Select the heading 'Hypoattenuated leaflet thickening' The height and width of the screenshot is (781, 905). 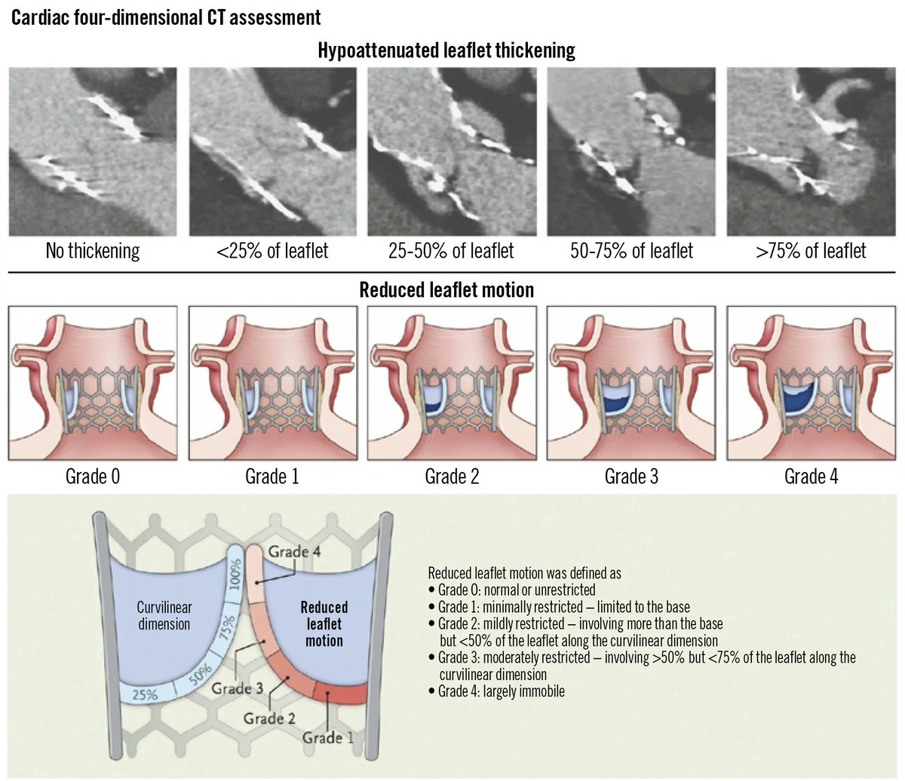(446, 51)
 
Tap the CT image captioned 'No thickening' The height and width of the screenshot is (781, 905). (93, 152)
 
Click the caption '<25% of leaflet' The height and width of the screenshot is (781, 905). (272, 250)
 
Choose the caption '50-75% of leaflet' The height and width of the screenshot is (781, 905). (632, 250)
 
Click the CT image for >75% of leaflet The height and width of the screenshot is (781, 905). (811, 152)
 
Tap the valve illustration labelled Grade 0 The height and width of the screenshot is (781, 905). (93, 382)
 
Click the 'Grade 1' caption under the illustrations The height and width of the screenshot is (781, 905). (272, 476)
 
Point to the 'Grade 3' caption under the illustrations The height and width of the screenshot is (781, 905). (632, 476)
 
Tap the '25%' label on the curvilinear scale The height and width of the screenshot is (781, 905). (144, 694)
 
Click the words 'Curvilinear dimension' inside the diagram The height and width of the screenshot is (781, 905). (163, 614)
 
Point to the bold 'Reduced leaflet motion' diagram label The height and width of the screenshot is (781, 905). (324, 623)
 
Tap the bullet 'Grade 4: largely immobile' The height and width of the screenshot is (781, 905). (501, 691)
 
